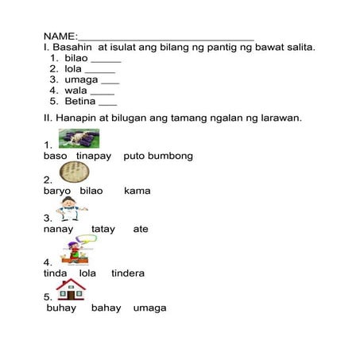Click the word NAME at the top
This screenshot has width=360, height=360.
point(59,37)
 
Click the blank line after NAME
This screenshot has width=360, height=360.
point(166,38)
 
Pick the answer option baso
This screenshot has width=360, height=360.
point(55,156)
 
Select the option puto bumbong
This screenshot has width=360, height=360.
point(158,156)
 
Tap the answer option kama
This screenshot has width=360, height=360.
point(137,191)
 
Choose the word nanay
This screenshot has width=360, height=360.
point(59,229)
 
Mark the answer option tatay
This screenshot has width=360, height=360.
point(103,229)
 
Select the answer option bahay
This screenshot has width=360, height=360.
point(105,308)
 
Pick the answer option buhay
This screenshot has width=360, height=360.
point(61,308)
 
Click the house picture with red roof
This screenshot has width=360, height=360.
point(71,289)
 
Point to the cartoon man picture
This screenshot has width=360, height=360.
point(73,210)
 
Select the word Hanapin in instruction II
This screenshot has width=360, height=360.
point(76,118)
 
